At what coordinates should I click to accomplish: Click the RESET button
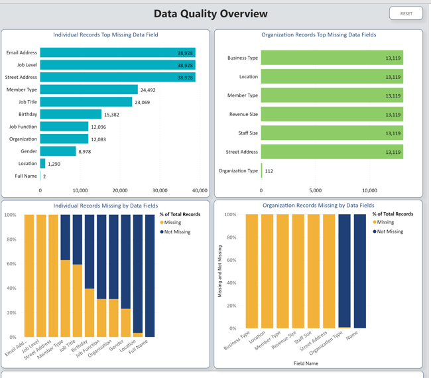406,13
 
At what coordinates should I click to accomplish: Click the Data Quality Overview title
210,14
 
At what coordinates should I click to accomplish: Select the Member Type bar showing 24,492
89,90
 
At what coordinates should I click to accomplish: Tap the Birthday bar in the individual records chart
70,115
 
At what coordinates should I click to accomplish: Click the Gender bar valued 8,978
58,151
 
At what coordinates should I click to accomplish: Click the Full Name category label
26,176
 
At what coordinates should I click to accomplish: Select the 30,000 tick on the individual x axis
159,190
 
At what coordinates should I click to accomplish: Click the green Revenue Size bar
332,115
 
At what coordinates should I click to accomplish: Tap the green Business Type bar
332,58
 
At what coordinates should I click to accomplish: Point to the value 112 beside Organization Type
269,171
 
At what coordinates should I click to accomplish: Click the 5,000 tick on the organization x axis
315,190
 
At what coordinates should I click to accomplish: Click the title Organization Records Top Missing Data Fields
318,34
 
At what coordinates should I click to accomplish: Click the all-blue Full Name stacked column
150,275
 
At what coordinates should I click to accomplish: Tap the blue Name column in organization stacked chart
359,271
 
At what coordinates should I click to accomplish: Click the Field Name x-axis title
306,363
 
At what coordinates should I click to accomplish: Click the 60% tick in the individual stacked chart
11,264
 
